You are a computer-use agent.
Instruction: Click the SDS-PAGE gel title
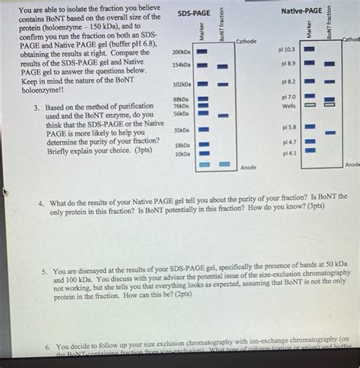pyautogui.click(x=195, y=13)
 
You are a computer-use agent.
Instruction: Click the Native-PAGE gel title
pyautogui.click(x=301, y=11)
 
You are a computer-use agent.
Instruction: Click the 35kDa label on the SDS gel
pyautogui.click(x=182, y=131)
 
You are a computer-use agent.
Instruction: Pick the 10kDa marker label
pyautogui.click(x=182, y=153)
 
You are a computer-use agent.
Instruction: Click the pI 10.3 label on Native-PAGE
pyautogui.click(x=288, y=49)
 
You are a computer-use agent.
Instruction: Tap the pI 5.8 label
pyautogui.click(x=289, y=127)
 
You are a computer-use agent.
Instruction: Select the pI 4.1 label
pyautogui.click(x=289, y=153)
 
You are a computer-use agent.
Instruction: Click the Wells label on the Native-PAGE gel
pyautogui.click(x=289, y=106)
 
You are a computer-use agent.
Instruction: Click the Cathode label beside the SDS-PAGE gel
pyautogui.click(x=248, y=41)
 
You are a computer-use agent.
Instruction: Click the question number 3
pyautogui.click(x=36, y=108)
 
